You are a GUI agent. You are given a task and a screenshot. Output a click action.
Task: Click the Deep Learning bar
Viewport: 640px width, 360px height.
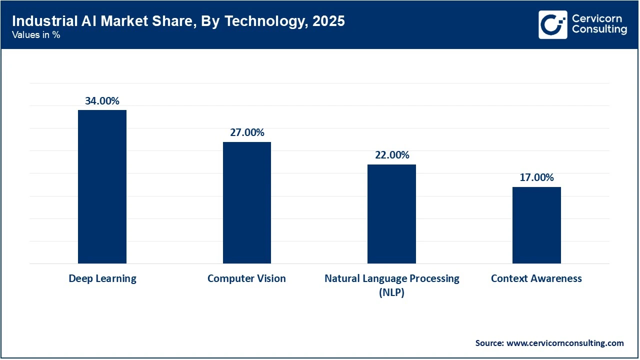(102, 186)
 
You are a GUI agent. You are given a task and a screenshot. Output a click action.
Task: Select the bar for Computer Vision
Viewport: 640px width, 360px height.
(246, 202)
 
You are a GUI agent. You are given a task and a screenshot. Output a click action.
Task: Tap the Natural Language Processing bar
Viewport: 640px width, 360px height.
(391, 214)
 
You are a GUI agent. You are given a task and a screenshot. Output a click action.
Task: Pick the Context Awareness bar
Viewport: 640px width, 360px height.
(536, 225)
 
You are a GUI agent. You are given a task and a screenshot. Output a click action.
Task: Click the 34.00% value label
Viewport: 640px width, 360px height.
(102, 101)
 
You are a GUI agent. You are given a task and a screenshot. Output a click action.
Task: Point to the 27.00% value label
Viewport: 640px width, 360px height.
(246, 132)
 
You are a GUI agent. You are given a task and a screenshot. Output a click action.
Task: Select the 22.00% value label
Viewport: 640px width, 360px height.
(391, 155)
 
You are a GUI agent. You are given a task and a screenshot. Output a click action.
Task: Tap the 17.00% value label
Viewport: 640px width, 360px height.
(536, 177)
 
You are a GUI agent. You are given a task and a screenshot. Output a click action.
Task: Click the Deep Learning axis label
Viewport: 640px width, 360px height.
(102, 278)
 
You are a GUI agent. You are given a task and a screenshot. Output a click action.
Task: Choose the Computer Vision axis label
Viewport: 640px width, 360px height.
(246, 278)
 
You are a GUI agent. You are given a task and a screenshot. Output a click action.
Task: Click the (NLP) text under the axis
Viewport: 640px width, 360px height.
(391, 292)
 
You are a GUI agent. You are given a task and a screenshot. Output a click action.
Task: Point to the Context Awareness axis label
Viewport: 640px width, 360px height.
(536, 278)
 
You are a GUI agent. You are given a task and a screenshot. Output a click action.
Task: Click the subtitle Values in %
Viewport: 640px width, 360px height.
(36, 35)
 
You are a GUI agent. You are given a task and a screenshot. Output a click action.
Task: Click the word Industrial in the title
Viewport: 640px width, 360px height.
(37, 21)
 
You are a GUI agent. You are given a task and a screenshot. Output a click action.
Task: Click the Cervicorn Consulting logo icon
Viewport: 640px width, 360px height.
(552, 24)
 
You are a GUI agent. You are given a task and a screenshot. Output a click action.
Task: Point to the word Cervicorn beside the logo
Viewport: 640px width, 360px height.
(597, 18)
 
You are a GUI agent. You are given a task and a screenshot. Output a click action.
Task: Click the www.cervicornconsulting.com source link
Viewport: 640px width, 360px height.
(565, 343)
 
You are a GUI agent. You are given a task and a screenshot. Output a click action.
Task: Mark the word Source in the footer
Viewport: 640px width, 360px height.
(489, 343)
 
